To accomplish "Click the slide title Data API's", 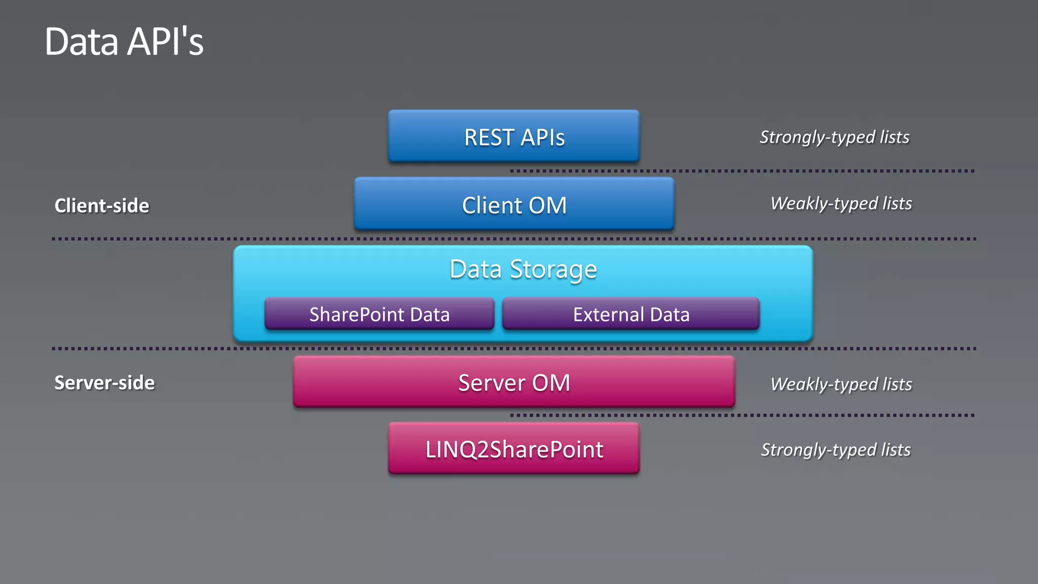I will (124, 42).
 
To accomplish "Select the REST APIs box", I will (514, 136).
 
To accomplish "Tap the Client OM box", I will (514, 204).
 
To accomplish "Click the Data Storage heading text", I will (523, 269).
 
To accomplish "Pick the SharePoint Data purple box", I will (379, 314).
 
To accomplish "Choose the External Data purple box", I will (631, 314).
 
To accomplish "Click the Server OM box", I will (514, 382).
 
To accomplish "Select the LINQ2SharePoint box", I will (514, 449).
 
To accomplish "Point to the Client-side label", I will (102, 206).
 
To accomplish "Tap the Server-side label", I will (104, 383).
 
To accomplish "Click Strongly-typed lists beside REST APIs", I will (834, 137).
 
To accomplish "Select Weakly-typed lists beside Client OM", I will (841, 204).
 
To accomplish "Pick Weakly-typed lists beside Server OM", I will (841, 384).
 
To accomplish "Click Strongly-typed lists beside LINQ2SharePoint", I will (836, 450).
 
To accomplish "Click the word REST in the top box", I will (489, 137).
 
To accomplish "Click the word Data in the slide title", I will (82, 42).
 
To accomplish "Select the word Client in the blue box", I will (492, 205).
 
